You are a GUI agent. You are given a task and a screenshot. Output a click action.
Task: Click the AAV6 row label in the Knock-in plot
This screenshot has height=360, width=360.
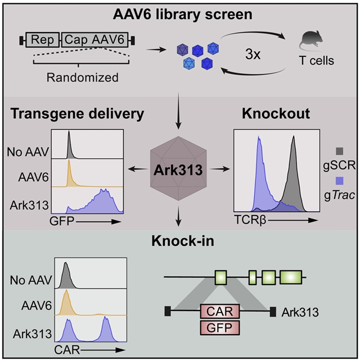[37, 308]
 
